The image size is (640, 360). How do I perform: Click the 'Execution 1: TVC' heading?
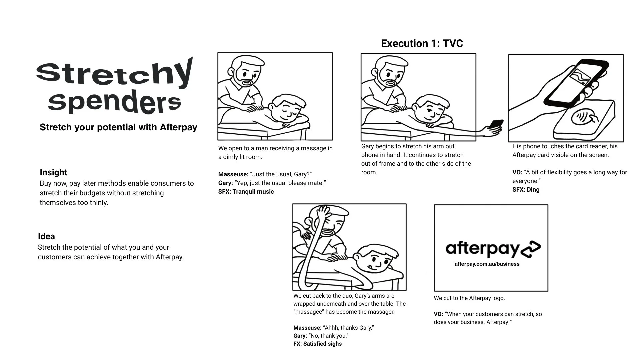[x=422, y=43]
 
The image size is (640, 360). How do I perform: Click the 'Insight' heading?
[x=53, y=172]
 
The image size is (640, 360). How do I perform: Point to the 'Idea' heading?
[x=46, y=236]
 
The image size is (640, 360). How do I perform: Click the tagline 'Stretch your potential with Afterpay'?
[x=118, y=127]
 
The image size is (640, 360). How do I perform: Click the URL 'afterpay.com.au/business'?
[x=487, y=264]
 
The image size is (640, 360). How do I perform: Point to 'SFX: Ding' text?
[x=526, y=190]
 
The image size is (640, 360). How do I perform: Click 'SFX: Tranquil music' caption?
[x=246, y=192]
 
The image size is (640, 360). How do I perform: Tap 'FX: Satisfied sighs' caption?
[x=317, y=344]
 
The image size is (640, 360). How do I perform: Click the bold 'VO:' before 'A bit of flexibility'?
[x=517, y=172]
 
